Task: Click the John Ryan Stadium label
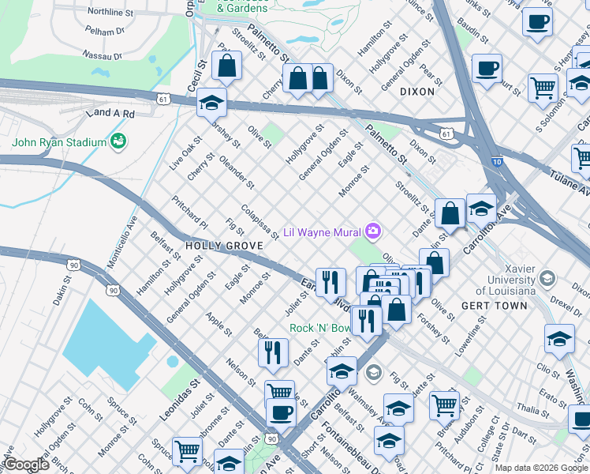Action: (x=58, y=142)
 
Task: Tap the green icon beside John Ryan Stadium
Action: (x=119, y=142)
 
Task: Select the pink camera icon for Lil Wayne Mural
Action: (x=373, y=231)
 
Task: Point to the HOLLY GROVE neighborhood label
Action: (x=223, y=246)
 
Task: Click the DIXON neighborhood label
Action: (x=417, y=92)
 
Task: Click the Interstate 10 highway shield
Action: (x=496, y=162)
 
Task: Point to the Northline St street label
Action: (x=110, y=13)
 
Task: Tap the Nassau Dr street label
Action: (x=103, y=55)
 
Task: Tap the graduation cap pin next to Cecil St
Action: (x=211, y=103)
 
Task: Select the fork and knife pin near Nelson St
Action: (x=273, y=352)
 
